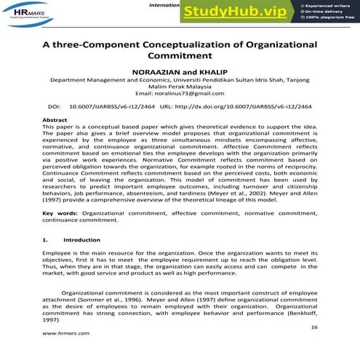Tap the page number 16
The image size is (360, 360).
[313, 329]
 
